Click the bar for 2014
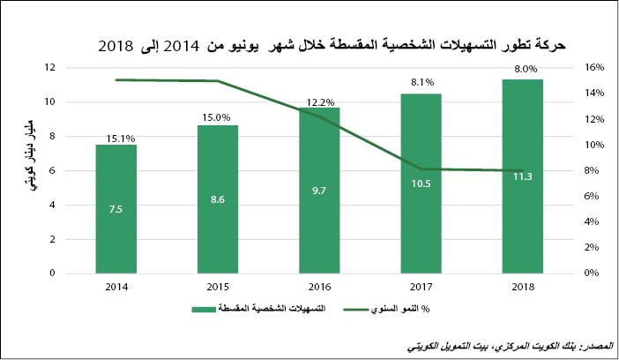click(x=116, y=209)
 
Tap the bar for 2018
click(x=523, y=176)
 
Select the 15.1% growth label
click(x=116, y=138)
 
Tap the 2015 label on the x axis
click(x=217, y=287)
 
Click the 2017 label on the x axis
click(x=421, y=287)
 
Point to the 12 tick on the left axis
click(x=52, y=67)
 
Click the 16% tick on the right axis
click(x=593, y=67)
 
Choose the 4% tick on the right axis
click(x=593, y=222)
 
